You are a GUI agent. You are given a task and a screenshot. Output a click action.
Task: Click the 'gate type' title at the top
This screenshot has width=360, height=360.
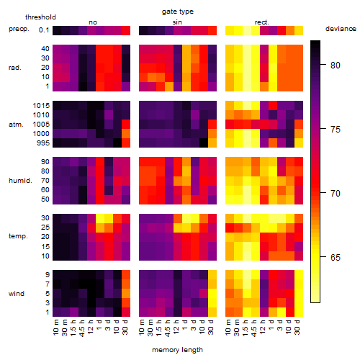[x=178, y=12]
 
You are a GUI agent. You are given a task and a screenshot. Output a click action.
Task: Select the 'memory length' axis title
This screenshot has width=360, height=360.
[x=177, y=350]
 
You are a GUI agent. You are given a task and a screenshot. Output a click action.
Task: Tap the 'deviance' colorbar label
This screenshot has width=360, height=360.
[x=341, y=29]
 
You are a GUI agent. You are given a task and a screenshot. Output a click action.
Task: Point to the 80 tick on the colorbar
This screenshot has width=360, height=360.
[x=323, y=65]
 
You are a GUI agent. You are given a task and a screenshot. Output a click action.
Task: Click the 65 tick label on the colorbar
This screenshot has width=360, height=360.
[x=336, y=258]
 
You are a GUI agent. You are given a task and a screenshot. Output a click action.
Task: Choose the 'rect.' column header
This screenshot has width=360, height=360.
[x=261, y=22]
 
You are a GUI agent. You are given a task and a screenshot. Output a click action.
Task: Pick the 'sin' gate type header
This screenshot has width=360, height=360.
[x=177, y=22]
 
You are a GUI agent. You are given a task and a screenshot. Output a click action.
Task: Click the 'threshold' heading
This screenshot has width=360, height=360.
[x=40, y=17]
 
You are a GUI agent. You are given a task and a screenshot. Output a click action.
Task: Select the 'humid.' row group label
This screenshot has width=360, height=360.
[x=20, y=181]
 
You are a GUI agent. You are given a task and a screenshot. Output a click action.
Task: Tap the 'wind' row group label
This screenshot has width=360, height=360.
[x=17, y=294]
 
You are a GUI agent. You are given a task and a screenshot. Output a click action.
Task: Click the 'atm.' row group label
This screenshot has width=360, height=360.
[x=16, y=125]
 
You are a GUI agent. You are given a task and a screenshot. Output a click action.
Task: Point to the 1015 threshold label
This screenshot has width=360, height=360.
[x=41, y=106]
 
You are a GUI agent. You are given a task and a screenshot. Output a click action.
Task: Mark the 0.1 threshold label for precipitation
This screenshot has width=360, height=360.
[x=44, y=30]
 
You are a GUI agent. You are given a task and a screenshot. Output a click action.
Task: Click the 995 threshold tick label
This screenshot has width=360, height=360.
[x=43, y=143]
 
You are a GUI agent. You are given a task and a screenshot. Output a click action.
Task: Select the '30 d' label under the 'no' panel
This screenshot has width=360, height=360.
[x=125, y=327]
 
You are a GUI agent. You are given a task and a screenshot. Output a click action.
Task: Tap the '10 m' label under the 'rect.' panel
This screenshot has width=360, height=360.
[x=228, y=327]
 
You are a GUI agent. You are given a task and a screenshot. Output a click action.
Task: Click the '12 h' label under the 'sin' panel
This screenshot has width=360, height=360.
[x=176, y=327]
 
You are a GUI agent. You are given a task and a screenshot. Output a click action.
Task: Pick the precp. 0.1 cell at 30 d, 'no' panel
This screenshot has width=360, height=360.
[x=126, y=30]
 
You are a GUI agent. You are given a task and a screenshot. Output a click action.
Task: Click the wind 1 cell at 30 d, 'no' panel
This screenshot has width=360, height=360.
[x=126, y=312]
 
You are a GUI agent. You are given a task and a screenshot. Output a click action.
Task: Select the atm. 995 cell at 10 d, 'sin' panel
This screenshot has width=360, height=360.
[x=204, y=143]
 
